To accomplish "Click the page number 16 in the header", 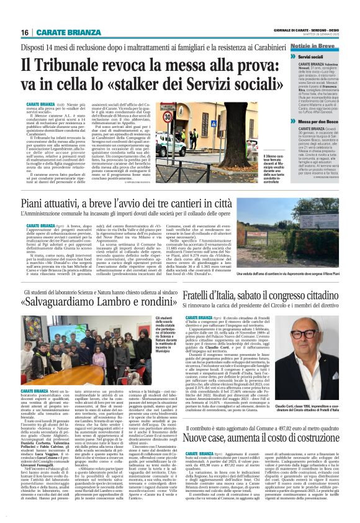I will coord(25,32).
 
